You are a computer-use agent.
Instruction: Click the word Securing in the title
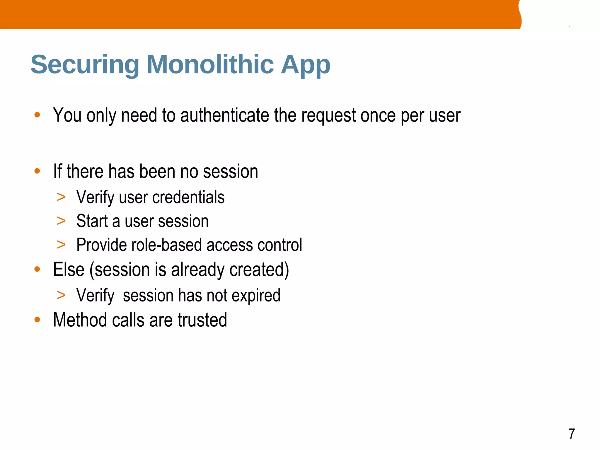85,65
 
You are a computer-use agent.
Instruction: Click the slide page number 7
572,434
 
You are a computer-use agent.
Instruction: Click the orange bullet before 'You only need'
37,115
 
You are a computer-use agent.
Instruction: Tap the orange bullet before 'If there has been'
37,171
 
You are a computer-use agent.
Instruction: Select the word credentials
188,197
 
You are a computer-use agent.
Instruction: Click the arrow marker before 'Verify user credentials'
61,197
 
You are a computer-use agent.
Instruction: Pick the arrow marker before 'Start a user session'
61,221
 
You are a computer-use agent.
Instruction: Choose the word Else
69,270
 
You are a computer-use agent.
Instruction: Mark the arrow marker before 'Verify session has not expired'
61,295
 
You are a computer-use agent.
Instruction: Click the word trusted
202,320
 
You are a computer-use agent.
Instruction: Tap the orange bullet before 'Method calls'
37,320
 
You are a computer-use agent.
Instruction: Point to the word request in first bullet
328,116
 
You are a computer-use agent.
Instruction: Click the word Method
80,320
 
